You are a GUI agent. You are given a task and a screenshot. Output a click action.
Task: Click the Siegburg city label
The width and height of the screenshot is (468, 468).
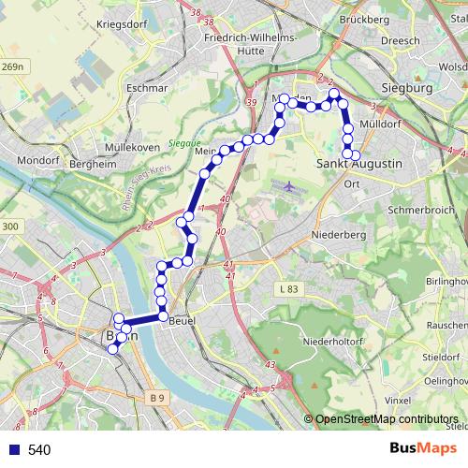click(x=405, y=88)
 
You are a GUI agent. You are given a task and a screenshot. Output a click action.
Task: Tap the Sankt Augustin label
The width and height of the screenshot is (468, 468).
click(x=359, y=164)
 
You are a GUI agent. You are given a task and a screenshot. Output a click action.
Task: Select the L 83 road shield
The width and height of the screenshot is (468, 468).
click(x=288, y=293)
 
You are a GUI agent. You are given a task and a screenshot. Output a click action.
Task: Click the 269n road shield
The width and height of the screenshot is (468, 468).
click(x=12, y=66)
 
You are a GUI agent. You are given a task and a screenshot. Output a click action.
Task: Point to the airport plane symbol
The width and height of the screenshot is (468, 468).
click(x=289, y=187)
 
